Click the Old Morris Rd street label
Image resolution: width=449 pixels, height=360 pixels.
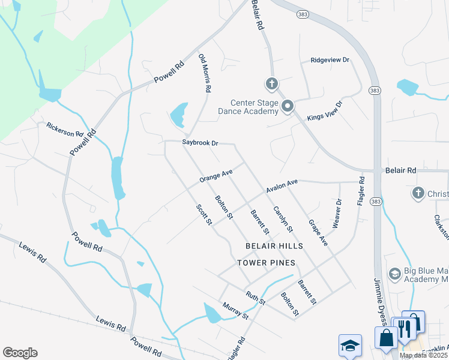[205, 73]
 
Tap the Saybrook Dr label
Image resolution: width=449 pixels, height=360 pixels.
[200, 143]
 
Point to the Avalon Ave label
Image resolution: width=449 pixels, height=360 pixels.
[282, 187]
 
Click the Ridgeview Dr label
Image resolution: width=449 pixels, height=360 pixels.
[330, 61]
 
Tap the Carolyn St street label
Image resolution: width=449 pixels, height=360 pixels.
[283, 220]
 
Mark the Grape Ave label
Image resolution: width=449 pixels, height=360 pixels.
[318, 233]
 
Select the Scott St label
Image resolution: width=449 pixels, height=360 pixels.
[204, 215]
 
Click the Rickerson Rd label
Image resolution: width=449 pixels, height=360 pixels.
[65, 129]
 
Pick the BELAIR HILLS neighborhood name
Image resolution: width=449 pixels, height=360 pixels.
[274, 247]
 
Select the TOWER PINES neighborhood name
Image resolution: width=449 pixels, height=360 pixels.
[266, 263]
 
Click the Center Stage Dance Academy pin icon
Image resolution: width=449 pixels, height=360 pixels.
[288, 107]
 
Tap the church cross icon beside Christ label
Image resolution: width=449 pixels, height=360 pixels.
[418, 193]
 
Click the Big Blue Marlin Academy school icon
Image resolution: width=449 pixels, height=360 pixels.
[394, 274]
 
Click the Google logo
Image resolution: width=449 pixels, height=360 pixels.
[20, 353]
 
